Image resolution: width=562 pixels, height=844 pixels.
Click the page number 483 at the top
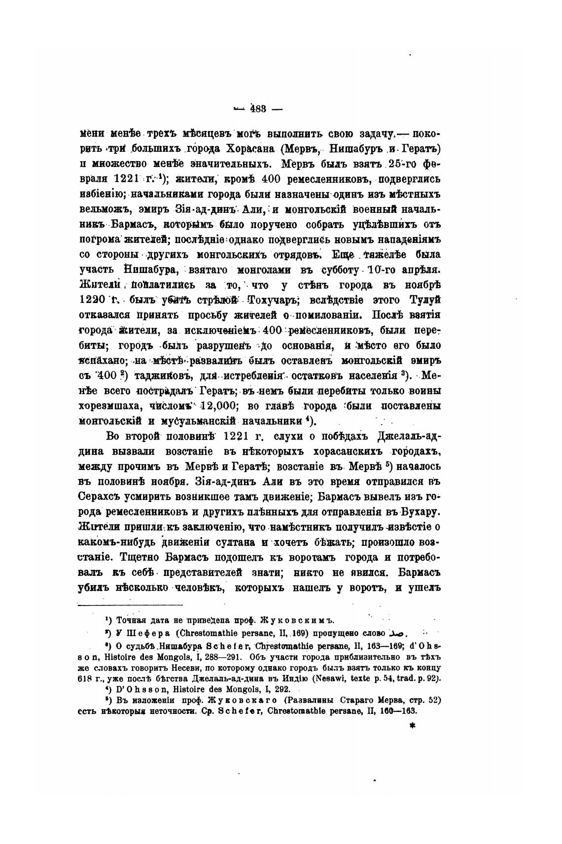click(x=258, y=109)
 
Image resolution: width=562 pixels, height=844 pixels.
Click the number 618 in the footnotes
click(x=86, y=678)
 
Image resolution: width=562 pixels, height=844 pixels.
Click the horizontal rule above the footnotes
click(x=131, y=605)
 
